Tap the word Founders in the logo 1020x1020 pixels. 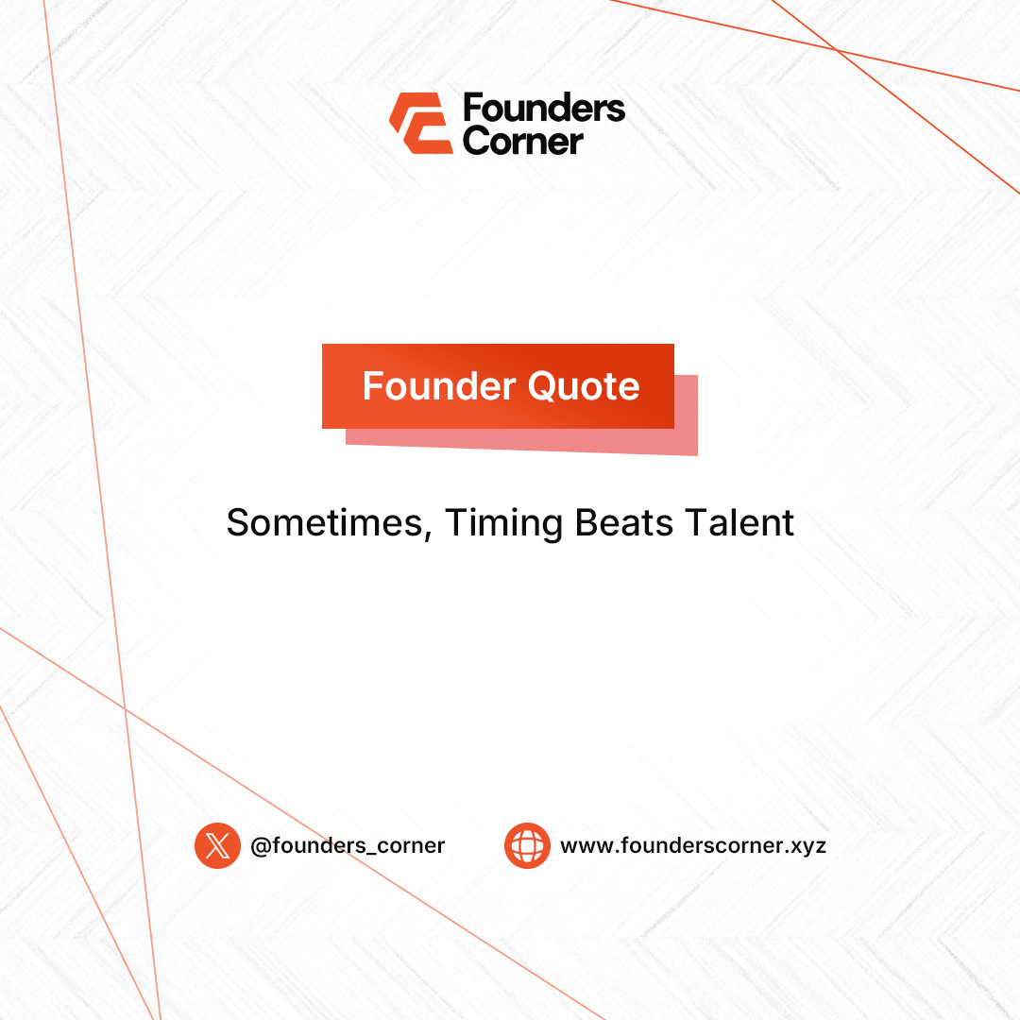pos(544,110)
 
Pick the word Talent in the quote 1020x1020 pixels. pos(738,522)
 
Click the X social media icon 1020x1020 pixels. pos(217,845)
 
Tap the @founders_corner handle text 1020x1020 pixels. pos(348,845)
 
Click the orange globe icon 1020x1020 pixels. pos(527,845)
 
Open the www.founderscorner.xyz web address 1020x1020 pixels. pos(693,845)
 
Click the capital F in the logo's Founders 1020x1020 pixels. pos(472,110)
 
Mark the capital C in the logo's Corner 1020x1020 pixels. pos(476,142)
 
